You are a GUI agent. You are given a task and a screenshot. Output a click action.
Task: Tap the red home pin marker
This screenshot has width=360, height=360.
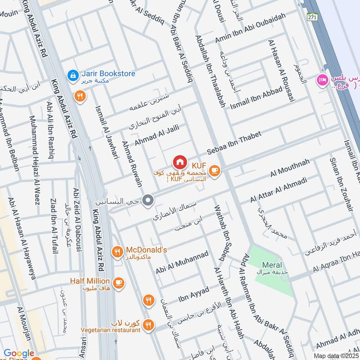pyautogui.click(x=180, y=162)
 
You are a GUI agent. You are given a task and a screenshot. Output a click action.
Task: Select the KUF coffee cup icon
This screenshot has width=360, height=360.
pyautogui.click(x=214, y=171)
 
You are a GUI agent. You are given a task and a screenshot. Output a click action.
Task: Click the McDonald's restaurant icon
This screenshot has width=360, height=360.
pyautogui.click(x=117, y=252)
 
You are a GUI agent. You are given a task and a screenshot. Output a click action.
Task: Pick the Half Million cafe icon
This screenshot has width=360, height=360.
pyautogui.click(x=118, y=283)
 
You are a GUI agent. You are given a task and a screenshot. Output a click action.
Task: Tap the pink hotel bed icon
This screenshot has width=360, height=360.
pyautogui.click(x=322, y=80)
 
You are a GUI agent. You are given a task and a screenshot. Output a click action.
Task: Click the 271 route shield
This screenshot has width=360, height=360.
pyautogui.click(x=312, y=17)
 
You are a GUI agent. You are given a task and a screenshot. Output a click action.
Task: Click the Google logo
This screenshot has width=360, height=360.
pyautogui.click(x=19, y=354)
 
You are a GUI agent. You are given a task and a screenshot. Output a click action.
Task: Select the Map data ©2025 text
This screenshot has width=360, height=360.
pyautogui.click(x=335, y=355)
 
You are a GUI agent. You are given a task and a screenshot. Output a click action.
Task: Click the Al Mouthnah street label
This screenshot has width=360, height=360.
pyautogui.click(x=290, y=168)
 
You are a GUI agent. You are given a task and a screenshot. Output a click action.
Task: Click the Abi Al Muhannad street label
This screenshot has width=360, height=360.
pyautogui.click(x=182, y=262)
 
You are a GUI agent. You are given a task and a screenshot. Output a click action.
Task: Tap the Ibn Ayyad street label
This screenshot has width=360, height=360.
pyautogui.click(x=194, y=296)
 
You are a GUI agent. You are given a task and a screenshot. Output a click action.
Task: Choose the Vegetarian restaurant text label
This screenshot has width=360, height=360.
pyautogui.click(x=110, y=330)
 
